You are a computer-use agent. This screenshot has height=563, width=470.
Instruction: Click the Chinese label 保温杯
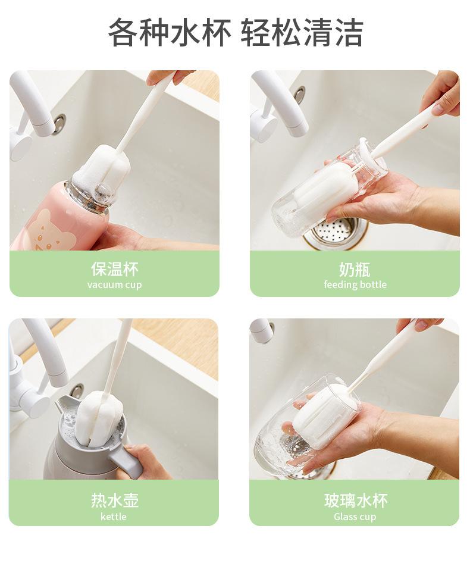tap(114, 269)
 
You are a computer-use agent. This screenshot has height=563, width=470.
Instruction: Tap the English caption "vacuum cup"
tap(114, 284)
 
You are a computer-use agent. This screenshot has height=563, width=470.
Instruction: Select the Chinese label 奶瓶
tap(355, 269)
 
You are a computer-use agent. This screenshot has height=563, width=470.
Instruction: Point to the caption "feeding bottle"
tap(355, 284)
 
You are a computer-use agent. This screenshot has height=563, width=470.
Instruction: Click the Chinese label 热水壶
tap(115, 500)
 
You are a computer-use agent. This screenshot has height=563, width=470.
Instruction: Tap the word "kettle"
tap(114, 517)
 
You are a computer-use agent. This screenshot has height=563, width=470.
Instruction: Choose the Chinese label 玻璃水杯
tap(356, 500)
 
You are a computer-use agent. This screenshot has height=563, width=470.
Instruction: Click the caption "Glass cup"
tap(355, 517)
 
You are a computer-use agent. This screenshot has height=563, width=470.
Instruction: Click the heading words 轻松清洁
tap(302, 32)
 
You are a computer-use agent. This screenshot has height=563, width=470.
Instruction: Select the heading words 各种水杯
tap(170, 32)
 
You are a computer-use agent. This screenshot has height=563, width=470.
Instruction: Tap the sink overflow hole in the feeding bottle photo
tap(299, 95)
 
